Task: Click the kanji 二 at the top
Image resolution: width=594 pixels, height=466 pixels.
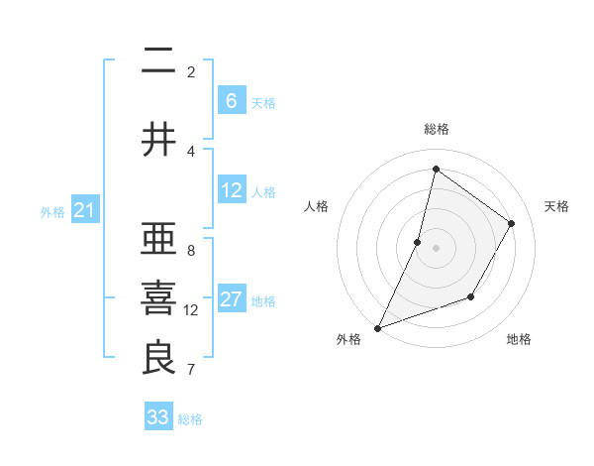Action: click(158, 62)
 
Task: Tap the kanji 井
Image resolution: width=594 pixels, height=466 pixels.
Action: click(158, 140)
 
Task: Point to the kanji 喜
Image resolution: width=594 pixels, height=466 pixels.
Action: click(158, 298)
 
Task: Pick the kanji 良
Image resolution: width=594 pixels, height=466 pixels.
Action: click(158, 358)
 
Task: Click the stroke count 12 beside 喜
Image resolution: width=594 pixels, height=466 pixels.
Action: click(191, 310)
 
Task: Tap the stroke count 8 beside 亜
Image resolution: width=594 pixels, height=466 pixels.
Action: click(191, 251)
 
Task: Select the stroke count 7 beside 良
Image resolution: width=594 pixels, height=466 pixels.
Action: click(191, 370)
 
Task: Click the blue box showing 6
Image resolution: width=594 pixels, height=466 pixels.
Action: click(232, 101)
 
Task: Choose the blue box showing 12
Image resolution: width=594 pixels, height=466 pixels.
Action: click(232, 190)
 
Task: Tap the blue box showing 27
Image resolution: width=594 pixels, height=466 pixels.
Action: click(232, 299)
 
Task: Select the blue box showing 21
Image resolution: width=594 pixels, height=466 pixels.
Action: click(85, 210)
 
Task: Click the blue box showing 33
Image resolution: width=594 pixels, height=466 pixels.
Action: click(158, 417)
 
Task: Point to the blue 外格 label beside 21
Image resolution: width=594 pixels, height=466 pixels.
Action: click(52, 211)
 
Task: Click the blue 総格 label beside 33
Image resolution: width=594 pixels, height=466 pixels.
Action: click(191, 419)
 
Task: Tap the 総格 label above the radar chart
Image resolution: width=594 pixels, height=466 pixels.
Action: click(436, 129)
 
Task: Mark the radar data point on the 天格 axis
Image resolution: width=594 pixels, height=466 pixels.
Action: click(512, 223)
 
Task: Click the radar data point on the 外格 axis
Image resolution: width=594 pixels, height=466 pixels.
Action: click(377, 327)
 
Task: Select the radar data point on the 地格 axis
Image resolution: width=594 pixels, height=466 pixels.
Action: click(471, 296)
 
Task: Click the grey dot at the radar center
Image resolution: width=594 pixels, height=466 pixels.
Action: click(436, 248)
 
